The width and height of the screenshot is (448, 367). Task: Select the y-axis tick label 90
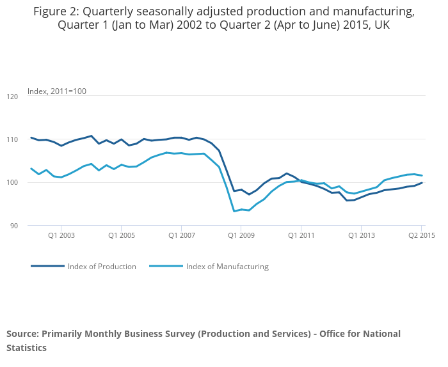tap(14, 226)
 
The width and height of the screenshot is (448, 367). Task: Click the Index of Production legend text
tap(102, 267)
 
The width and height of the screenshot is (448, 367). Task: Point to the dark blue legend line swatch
tap(47, 267)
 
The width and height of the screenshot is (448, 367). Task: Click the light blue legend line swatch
tap(166, 267)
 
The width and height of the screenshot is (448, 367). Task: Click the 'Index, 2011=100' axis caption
tap(57, 91)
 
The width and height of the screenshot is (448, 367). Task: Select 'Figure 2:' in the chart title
tap(54, 12)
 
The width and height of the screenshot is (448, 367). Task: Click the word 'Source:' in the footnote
tap(22, 334)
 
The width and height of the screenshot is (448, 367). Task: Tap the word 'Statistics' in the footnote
tap(26, 348)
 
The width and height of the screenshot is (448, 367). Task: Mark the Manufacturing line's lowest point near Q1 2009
tap(234, 211)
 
